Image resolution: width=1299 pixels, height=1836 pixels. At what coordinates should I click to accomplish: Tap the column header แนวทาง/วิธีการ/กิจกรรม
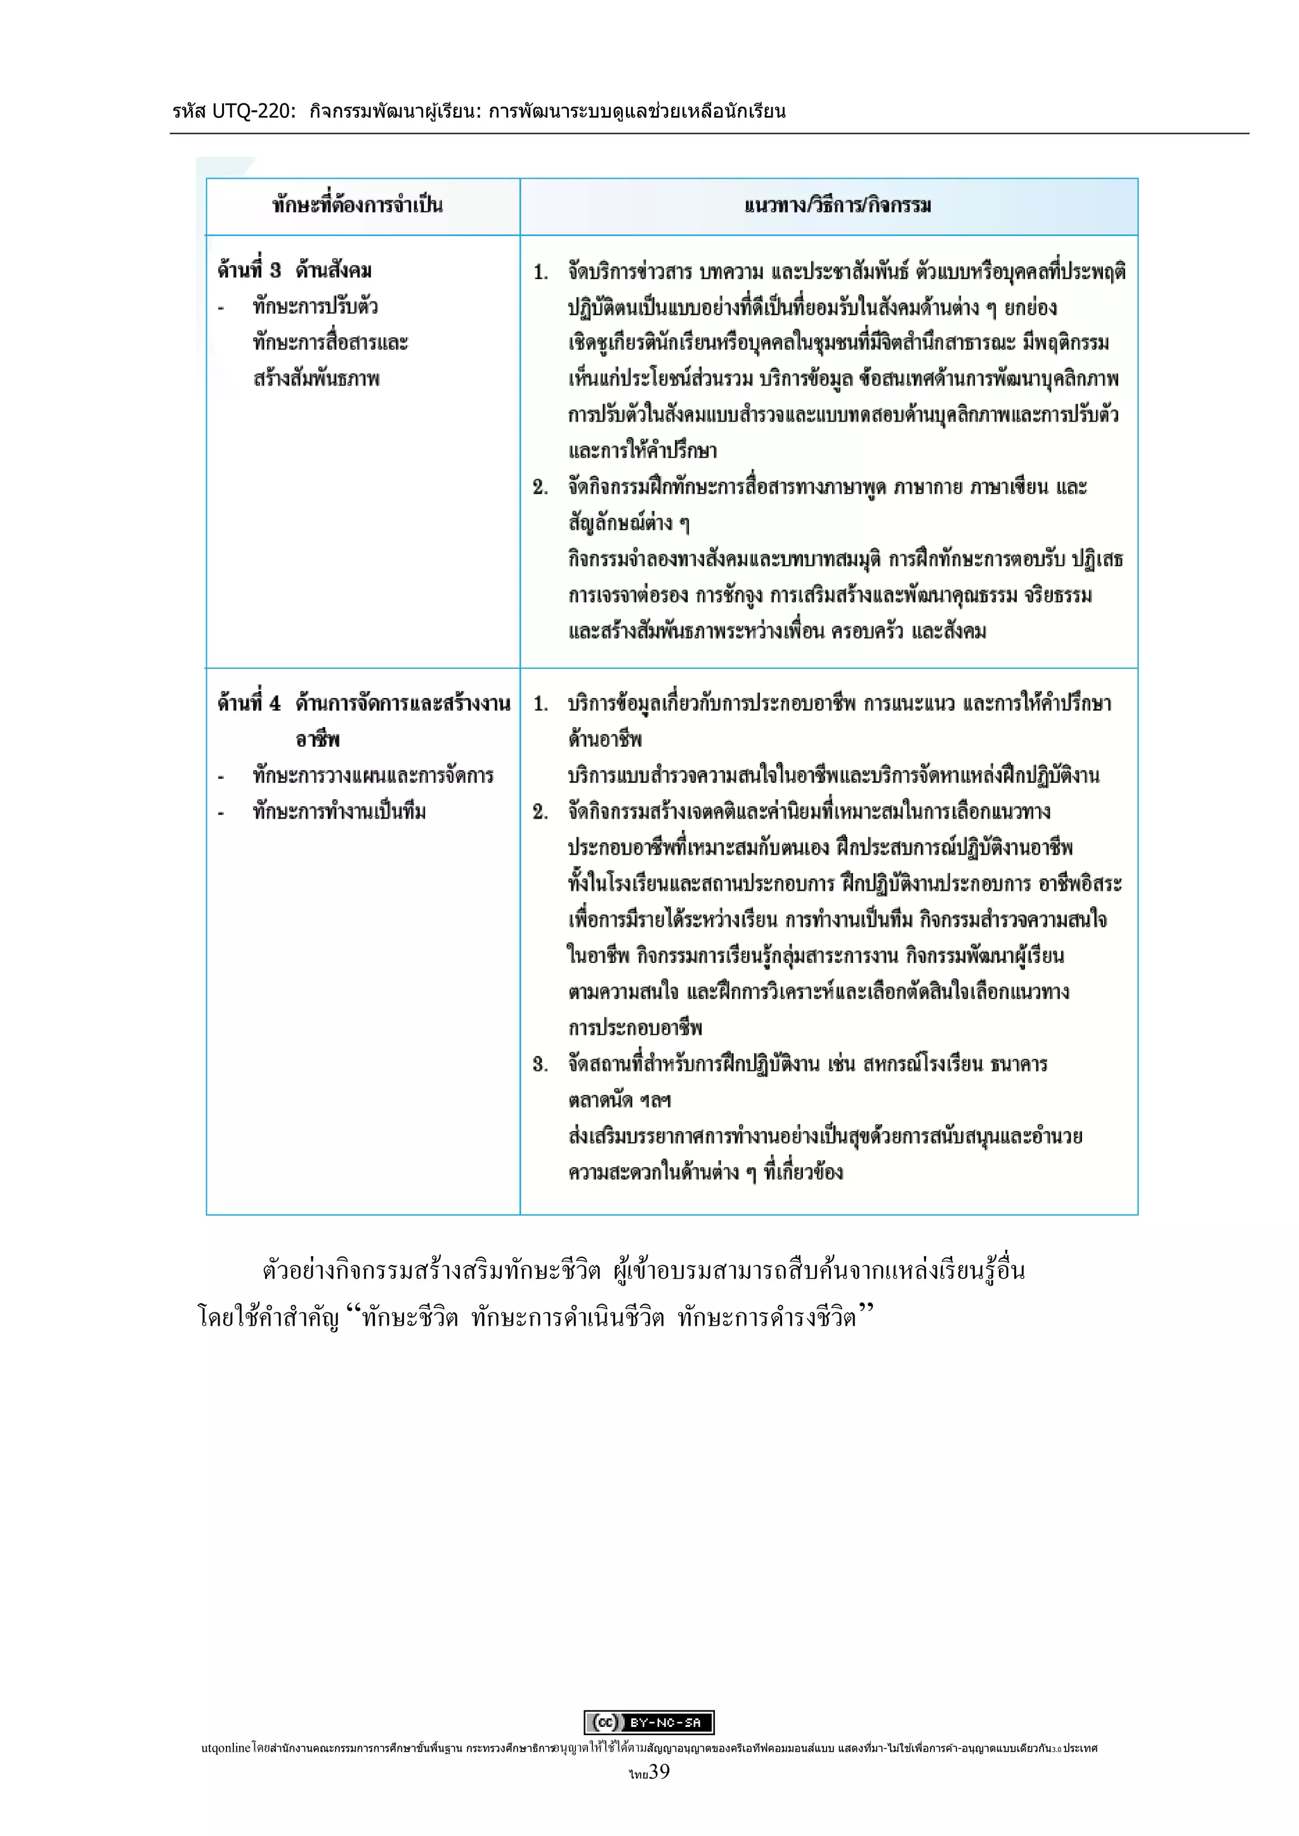click(x=837, y=205)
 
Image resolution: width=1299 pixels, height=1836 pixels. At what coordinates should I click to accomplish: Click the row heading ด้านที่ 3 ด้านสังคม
click(x=294, y=269)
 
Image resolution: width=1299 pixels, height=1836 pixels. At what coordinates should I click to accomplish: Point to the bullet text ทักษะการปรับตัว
click(x=315, y=306)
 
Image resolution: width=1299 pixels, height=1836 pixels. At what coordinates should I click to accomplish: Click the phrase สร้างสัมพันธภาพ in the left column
click(x=316, y=378)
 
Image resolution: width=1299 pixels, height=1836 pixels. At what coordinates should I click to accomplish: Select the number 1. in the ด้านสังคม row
click(x=540, y=272)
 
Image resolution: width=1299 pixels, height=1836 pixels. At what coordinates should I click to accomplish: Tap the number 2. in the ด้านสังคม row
click(x=540, y=487)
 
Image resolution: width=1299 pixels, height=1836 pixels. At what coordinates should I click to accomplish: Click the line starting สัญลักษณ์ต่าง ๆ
click(x=629, y=523)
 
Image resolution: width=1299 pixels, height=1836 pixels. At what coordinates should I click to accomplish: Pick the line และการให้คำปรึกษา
click(x=643, y=451)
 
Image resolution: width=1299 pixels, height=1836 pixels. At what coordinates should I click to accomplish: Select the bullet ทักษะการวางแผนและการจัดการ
click(x=373, y=775)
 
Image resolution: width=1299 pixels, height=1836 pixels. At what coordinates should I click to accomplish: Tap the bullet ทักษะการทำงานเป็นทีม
click(x=339, y=811)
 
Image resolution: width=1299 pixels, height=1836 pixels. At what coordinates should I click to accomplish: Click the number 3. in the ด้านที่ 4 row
click(x=540, y=1064)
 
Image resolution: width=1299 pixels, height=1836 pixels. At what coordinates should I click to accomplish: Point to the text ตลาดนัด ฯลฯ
click(x=620, y=1101)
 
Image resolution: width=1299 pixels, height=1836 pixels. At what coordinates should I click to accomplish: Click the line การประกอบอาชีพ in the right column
click(x=635, y=1028)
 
